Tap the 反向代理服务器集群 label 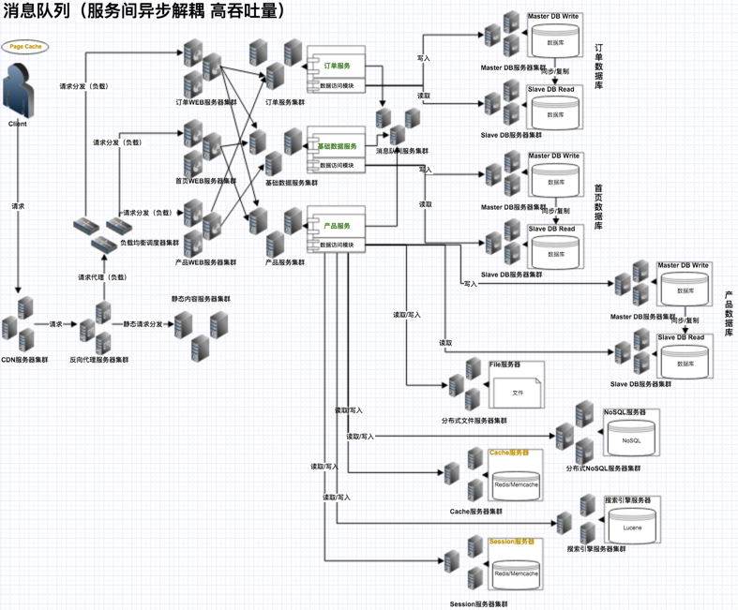click(98, 359)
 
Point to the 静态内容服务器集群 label click(200, 299)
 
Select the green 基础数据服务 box click(337, 147)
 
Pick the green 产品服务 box click(337, 226)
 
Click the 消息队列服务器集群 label click(401, 151)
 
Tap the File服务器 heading click(505, 364)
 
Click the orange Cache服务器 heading click(509, 453)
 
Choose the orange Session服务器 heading click(511, 542)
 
